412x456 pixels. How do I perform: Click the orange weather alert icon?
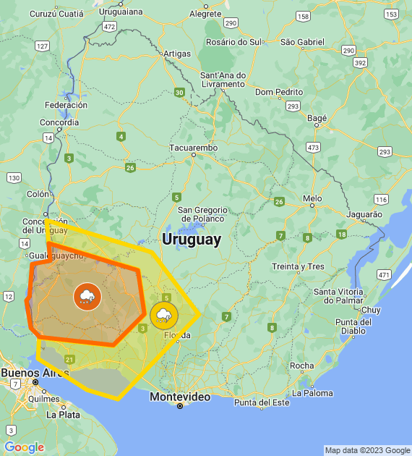[x=87, y=296]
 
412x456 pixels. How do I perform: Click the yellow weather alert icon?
[x=164, y=315]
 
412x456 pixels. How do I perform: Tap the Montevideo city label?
[x=180, y=397]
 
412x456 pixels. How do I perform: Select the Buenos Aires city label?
[x=30, y=373]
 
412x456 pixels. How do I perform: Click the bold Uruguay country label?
[x=192, y=240]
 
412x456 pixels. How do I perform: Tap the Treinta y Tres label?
[x=298, y=266]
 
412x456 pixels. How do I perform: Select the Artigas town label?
[x=177, y=54]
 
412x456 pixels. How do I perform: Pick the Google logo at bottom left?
[x=24, y=447]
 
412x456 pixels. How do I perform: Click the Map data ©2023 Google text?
[x=367, y=450]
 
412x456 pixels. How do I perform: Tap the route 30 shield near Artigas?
[x=179, y=92]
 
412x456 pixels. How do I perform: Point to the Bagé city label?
[x=317, y=118]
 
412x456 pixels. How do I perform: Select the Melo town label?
[x=312, y=198]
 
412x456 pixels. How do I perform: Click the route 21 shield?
[x=69, y=359]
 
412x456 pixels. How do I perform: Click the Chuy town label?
[x=370, y=309]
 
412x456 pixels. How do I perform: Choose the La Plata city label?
[x=63, y=415]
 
